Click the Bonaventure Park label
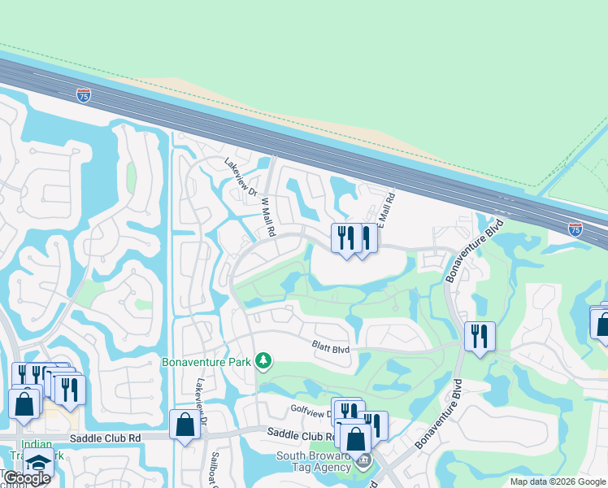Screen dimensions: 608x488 (x=206, y=362)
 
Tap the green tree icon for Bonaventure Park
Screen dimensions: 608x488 (x=263, y=359)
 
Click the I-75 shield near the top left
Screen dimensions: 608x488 (x=84, y=95)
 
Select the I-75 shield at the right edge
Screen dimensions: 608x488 (x=575, y=229)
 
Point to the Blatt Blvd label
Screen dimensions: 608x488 (x=331, y=348)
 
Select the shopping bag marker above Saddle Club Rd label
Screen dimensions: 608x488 (x=185, y=425)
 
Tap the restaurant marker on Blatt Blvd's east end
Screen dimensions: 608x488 (x=480, y=336)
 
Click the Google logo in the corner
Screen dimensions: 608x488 (x=26, y=478)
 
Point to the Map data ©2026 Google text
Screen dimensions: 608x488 (x=557, y=481)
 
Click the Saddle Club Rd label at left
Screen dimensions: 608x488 (x=106, y=438)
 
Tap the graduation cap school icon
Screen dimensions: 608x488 (x=37, y=464)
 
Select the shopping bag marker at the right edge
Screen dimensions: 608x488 (x=602, y=323)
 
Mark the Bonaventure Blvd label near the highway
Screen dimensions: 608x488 (x=474, y=251)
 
